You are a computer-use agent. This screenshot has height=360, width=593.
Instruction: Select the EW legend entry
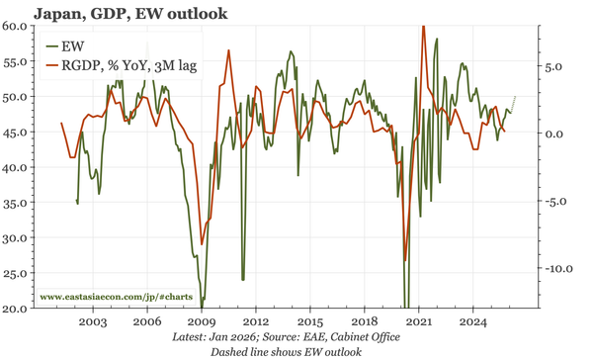[x=70, y=46]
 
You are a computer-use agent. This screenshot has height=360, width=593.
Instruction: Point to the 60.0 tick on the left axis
[x=18, y=26]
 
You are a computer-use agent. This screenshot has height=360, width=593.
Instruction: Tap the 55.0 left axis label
[x=18, y=61]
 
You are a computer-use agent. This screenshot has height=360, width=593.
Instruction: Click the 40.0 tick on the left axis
[x=18, y=167]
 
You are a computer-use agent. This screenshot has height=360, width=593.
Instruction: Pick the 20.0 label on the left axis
[x=18, y=309]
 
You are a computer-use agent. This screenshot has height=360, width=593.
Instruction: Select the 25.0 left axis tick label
[x=18, y=274]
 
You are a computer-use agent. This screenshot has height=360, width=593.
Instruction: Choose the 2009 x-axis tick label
[x=202, y=322]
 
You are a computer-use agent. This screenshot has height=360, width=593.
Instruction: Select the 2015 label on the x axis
[x=310, y=322]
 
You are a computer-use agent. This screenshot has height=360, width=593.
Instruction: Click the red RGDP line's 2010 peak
[x=229, y=51]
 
